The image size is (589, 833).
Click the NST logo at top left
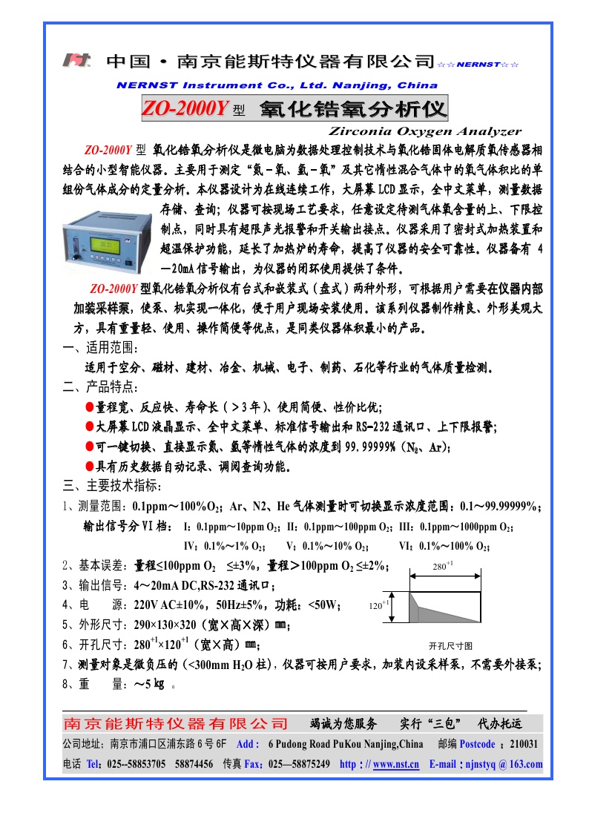tap(76, 60)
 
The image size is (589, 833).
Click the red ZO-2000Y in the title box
tap(185, 110)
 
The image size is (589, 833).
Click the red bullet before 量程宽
tap(89, 407)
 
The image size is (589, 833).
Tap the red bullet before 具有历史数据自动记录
tap(89, 467)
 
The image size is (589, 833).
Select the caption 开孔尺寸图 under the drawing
tap(450, 645)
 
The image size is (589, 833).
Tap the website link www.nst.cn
tap(396, 764)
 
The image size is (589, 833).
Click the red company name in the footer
tap(175, 723)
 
